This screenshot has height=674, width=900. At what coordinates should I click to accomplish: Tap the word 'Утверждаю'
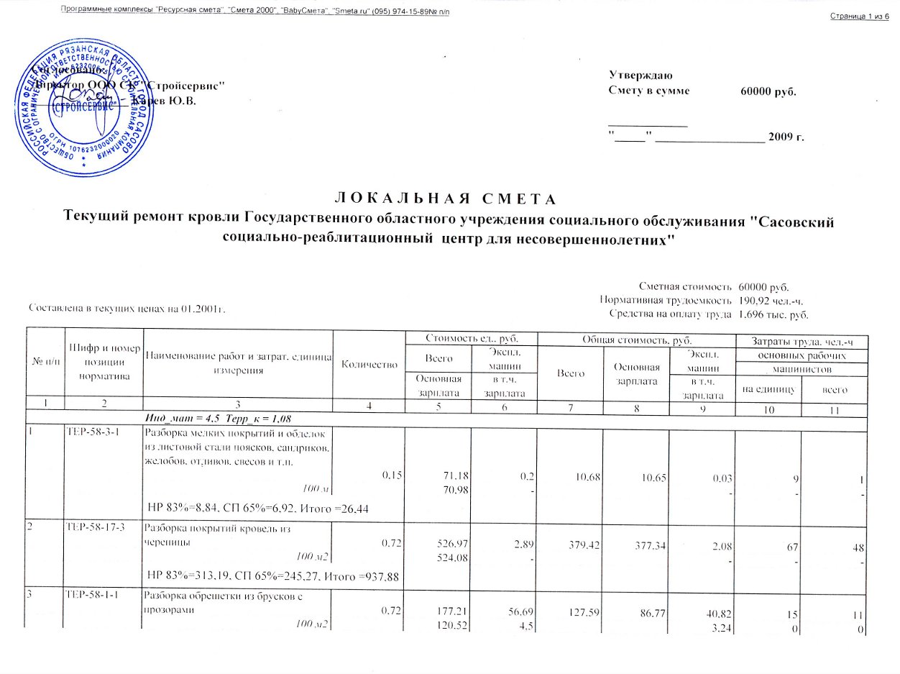coord(640,74)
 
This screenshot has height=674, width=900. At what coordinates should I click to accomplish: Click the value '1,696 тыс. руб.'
coord(768,314)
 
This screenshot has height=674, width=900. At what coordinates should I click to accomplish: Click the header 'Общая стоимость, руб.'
coord(635,337)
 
